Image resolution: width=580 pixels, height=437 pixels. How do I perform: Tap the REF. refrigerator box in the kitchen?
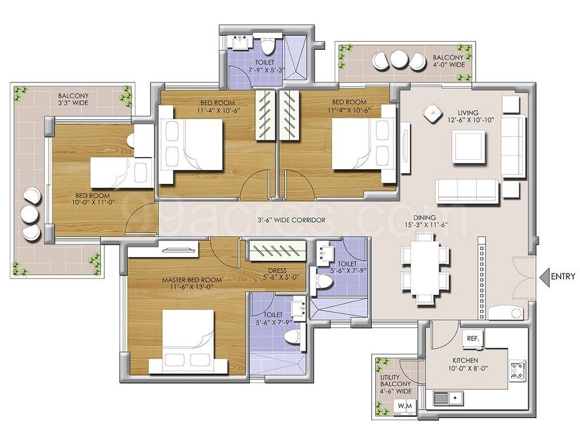click(473, 339)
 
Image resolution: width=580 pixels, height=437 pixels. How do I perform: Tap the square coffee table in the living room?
click(468, 147)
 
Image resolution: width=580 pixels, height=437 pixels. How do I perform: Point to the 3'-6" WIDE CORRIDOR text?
click(291, 220)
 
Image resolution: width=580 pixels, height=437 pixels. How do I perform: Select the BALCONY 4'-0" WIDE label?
click(448, 61)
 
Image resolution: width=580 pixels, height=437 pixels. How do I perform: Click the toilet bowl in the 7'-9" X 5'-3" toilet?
click(267, 44)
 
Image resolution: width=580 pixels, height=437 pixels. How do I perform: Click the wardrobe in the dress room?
click(277, 251)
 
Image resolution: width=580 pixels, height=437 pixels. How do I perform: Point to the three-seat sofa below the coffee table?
click(468, 191)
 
